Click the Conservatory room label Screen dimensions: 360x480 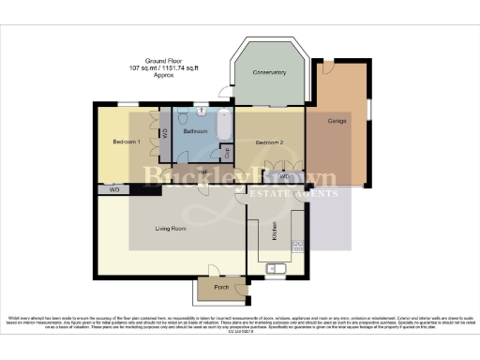pyautogui.click(x=268, y=73)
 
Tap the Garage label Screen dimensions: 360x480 pyautogui.click(x=338, y=122)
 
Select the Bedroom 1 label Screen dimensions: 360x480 pyautogui.click(x=127, y=142)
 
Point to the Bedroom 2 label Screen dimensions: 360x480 pyautogui.click(x=269, y=142)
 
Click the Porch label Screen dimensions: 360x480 pyautogui.click(x=221, y=287)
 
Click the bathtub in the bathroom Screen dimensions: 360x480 pyautogui.click(x=225, y=126)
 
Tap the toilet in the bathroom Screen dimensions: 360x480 pyautogui.click(x=200, y=113)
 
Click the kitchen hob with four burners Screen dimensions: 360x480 pyautogui.click(x=299, y=246)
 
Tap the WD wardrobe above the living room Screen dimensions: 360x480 pyautogui.click(x=114, y=189)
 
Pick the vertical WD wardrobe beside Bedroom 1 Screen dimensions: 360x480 pyautogui.click(x=165, y=133)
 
